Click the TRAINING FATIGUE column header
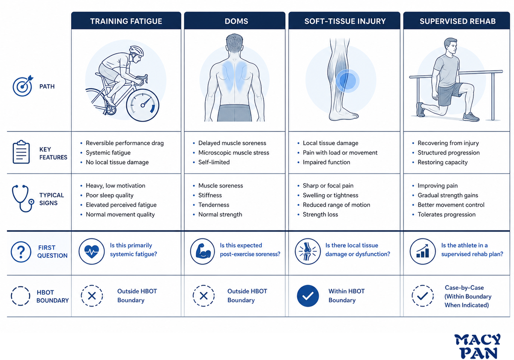tap(126, 21)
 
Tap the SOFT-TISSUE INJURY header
tap(344, 21)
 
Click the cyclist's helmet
tap(137, 51)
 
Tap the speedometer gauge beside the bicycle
tap(143, 105)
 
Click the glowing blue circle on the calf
tap(347, 81)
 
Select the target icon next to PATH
tap(23, 86)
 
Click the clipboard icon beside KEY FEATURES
tap(21, 152)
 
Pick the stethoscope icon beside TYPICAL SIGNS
tap(23, 198)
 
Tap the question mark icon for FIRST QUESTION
tap(21, 252)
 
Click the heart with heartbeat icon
tap(92, 251)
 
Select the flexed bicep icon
tap(202, 251)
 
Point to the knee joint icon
tap(308, 251)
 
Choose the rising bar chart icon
tap(423, 251)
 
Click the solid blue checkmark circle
tap(308, 296)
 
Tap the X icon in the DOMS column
tap(203, 296)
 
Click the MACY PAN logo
tap(478, 346)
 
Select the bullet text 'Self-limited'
tap(214, 162)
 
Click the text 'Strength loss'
tap(320, 214)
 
